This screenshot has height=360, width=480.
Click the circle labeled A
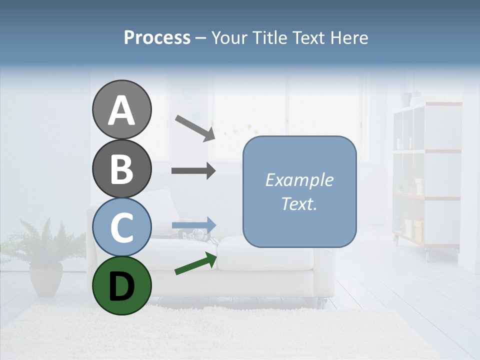[121, 109]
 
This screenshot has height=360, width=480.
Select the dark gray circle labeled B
[121, 168]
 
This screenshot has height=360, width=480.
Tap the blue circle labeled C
[121, 227]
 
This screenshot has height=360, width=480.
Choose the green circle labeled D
[121, 285]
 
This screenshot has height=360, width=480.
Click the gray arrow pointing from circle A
[195, 127]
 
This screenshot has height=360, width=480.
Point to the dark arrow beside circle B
[193, 171]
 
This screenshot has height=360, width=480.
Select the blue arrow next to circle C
[194, 225]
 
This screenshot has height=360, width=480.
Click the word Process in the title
[157, 37]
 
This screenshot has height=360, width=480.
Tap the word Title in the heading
[269, 37]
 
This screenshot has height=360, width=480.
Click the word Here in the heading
[349, 37]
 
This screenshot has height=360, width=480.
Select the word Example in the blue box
[299, 180]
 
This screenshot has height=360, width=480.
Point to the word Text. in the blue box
[299, 203]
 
